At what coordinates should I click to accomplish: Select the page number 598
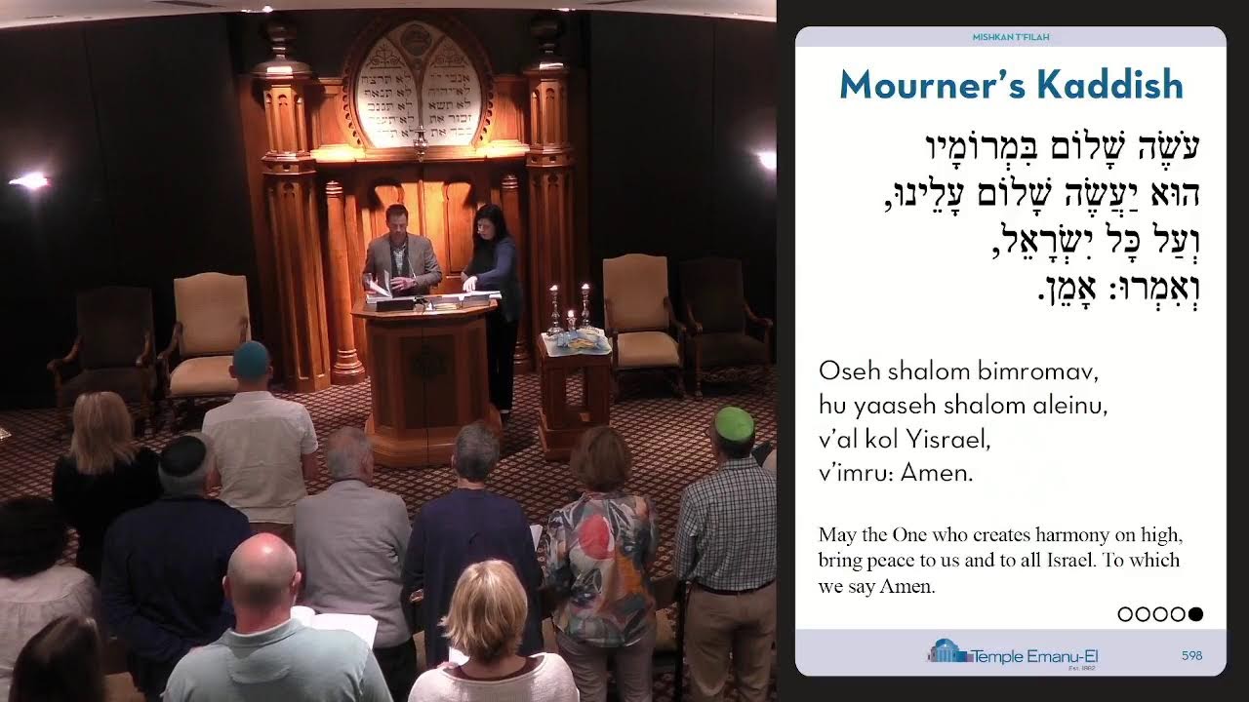point(1191,656)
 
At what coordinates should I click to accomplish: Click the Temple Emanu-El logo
point(1012,653)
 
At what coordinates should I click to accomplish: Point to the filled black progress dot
point(1196,614)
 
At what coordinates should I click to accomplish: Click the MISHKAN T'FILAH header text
point(1011,37)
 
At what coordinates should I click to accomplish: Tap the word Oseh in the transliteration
point(844,371)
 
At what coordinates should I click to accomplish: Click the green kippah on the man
point(734,423)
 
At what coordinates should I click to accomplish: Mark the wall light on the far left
point(29,180)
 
